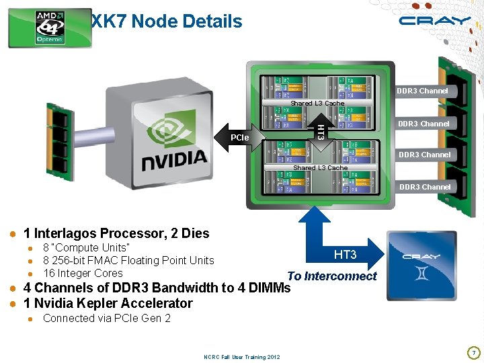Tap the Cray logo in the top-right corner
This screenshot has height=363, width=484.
[434, 21]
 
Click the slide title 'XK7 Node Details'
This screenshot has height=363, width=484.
[167, 22]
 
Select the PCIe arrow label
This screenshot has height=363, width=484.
[240, 138]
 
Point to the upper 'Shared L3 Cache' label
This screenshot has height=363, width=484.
[317, 104]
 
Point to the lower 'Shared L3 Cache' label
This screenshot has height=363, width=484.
[320, 167]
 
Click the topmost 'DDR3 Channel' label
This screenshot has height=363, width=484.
[422, 91]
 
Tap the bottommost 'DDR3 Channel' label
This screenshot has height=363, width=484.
[425, 187]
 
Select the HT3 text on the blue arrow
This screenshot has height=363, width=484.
[345, 255]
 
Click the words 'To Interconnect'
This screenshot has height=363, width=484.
[332, 276]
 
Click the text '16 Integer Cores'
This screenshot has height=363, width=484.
[83, 273]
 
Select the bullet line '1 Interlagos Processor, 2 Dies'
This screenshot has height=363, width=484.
[116, 233]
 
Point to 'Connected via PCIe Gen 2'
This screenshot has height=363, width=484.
[106, 318]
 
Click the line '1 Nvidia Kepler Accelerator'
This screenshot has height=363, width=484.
[108, 303]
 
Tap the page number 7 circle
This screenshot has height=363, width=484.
[473, 352]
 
